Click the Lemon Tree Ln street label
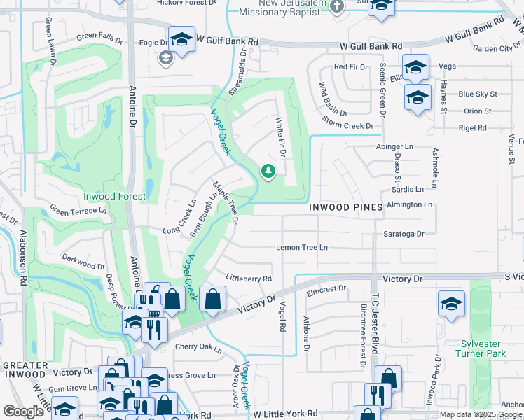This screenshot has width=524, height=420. pos(302,248)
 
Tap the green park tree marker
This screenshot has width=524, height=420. pos(268,171)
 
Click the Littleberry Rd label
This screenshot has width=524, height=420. pos(248,279)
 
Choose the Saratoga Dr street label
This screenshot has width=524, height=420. pos(404,234)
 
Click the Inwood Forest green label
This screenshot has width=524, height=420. pos(115,197)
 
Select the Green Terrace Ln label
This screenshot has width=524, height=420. pos(78,209)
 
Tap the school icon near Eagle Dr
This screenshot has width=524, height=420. pos(181,41)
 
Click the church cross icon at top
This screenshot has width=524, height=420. pos(337,8)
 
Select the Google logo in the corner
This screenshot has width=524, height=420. pos(23,412)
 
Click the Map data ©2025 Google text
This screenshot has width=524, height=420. pos(480,414)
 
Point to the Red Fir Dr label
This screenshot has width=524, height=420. pos(350,67)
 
